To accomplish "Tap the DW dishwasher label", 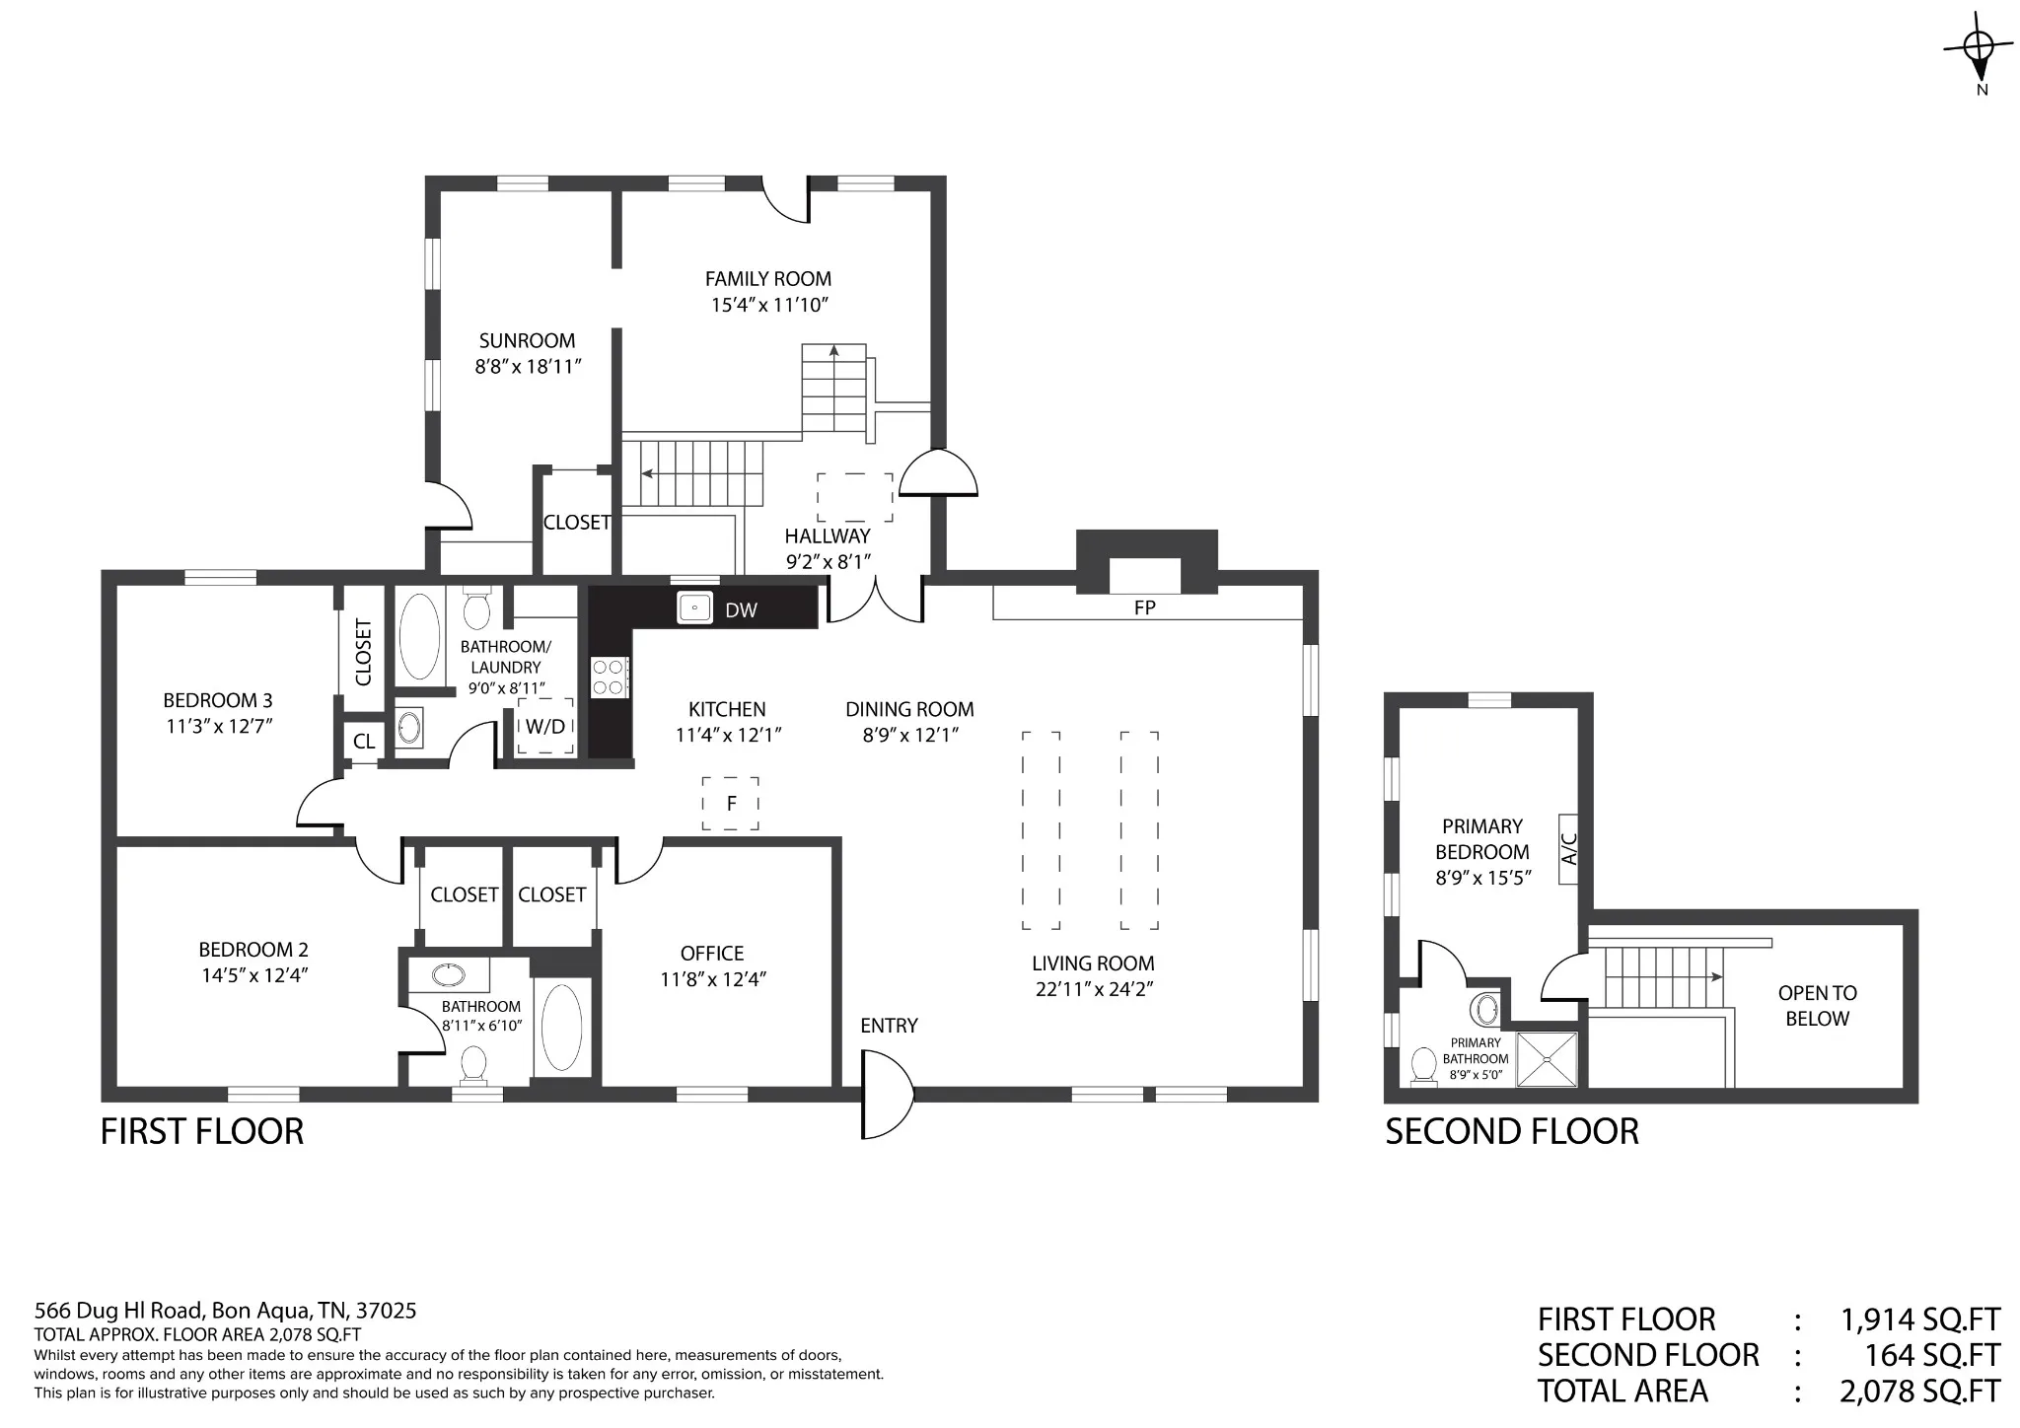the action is (x=741, y=610).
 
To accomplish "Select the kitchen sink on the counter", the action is (x=694, y=607).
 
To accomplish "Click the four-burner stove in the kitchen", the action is (x=610, y=678).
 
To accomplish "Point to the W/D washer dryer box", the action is (x=545, y=727).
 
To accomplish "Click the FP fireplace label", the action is (x=1144, y=607).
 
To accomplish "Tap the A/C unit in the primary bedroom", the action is (x=1569, y=848).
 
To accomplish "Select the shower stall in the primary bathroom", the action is (x=1547, y=1059).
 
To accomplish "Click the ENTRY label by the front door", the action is (x=889, y=1026).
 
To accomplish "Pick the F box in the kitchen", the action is (x=731, y=803).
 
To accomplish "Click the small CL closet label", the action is (x=364, y=741).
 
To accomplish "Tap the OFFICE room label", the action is (x=712, y=954).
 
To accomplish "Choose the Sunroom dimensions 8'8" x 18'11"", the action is (x=528, y=367).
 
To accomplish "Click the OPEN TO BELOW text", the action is (x=1817, y=1006).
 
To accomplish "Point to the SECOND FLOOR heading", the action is (x=1512, y=1131).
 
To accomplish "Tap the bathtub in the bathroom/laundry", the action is (x=420, y=636).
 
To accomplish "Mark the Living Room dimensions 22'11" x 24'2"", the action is (x=1094, y=989).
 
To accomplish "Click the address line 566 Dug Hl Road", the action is (x=225, y=1311).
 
